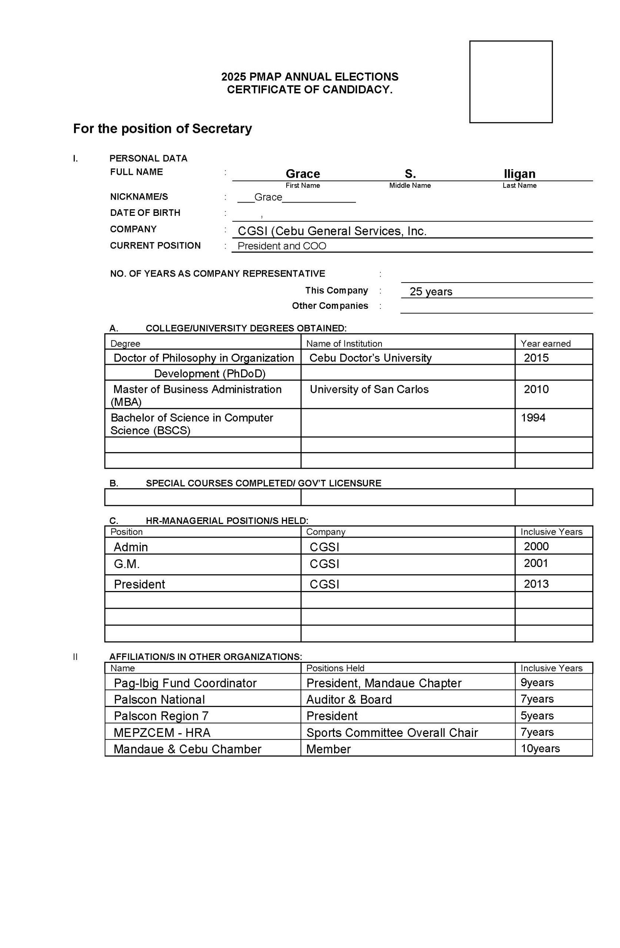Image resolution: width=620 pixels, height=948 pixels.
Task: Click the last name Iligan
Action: pyautogui.click(x=519, y=174)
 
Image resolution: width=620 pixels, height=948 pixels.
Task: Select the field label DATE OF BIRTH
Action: pyautogui.click(x=145, y=213)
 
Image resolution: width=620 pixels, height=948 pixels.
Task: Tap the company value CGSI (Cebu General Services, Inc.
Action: pyautogui.click(x=332, y=231)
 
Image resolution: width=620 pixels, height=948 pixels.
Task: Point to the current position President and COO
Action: pyautogui.click(x=282, y=246)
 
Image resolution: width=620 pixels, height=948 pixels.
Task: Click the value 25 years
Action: pyautogui.click(x=431, y=291)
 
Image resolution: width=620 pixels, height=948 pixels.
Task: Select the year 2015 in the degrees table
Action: pyautogui.click(x=536, y=358)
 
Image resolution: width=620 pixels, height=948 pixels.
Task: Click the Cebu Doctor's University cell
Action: pyautogui.click(x=370, y=358)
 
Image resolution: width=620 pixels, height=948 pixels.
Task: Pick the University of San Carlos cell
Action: pyautogui.click(x=369, y=389)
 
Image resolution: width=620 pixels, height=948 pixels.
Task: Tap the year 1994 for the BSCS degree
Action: pyautogui.click(x=533, y=417)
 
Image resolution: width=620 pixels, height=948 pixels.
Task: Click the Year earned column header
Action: pyautogui.click(x=545, y=343)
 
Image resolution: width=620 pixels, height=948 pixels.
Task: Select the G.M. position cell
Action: pyautogui.click(x=127, y=564)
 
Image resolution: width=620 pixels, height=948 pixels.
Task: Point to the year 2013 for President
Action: pyautogui.click(x=536, y=584)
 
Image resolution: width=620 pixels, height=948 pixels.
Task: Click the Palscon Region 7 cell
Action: pyautogui.click(x=161, y=716)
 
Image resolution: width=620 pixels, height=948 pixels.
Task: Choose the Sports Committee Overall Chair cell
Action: pyautogui.click(x=392, y=732)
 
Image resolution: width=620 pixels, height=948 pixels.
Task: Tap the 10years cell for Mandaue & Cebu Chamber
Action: pyautogui.click(x=540, y=748)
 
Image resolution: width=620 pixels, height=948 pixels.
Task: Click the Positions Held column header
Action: pyautogui.click(x=335, y=668)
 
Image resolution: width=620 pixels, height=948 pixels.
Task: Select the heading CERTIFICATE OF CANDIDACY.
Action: pyautogui.click(x=310, y=90)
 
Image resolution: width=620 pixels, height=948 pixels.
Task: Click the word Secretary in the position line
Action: pyautogui.click(x=222, y=128)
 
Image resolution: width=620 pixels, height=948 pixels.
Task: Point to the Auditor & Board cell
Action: pyautogui.click(x=349, y=700)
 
